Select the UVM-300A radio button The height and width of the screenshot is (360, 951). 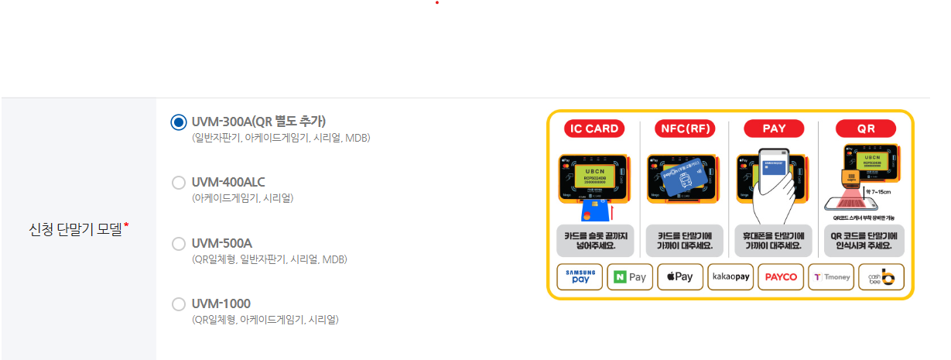coord(179,122)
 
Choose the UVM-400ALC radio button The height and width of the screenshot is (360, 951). coord(179,183)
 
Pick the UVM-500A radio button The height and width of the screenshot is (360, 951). coord(179,244)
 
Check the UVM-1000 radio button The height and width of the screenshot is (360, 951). coord(179,303)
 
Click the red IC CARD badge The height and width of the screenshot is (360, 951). coord(594,129)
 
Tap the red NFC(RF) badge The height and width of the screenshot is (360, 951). coord(684,129)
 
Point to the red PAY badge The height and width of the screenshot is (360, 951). coord(773,129)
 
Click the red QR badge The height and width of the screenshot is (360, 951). coord(865,129)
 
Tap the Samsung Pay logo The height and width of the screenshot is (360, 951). coord(580,277)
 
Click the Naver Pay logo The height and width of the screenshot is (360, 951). coord(630,277)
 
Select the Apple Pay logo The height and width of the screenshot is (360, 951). coord(680,277)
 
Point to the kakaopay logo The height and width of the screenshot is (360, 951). coord(730,277)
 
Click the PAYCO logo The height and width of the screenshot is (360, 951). coord(781,277)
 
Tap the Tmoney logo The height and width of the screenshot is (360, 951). coord(831,277)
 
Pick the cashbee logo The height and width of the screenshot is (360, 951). coord(881,277)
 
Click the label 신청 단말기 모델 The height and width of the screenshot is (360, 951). coord(75,229)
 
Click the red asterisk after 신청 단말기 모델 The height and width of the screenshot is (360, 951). coord(126,225)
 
